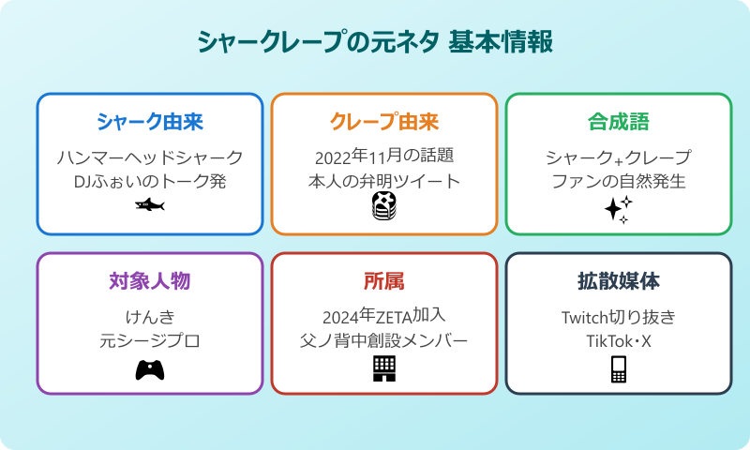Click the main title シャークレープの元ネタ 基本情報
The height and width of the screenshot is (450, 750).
(375, 42)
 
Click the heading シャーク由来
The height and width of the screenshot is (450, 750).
(150, 122)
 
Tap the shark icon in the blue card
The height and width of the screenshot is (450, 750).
(149, 204)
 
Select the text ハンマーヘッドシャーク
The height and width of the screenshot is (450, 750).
(150, 157)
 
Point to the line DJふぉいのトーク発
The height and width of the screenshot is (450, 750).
(150, 181)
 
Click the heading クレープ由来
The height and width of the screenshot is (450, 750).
(384, 122)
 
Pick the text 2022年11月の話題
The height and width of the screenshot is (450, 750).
(384, 157)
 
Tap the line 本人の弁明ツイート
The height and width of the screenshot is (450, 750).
(384, 181)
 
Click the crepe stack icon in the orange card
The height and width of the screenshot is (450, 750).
(383, 206)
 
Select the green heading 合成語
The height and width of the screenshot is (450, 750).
(619, 122)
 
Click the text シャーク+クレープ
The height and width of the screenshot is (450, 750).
(619, 157)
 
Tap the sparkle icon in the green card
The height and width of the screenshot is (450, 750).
(618, 209)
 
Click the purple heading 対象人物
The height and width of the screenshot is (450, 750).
(150, 281)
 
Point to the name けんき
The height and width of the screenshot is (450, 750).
(150, 316)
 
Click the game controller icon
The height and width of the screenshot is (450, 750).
(150, 369)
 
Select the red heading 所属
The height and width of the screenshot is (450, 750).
(384, 281)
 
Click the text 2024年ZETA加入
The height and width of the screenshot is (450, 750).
(384, 316)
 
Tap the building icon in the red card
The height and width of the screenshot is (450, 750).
(384, 368)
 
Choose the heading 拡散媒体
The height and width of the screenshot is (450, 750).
(619, 281)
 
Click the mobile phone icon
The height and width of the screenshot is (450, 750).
(618, 369)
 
